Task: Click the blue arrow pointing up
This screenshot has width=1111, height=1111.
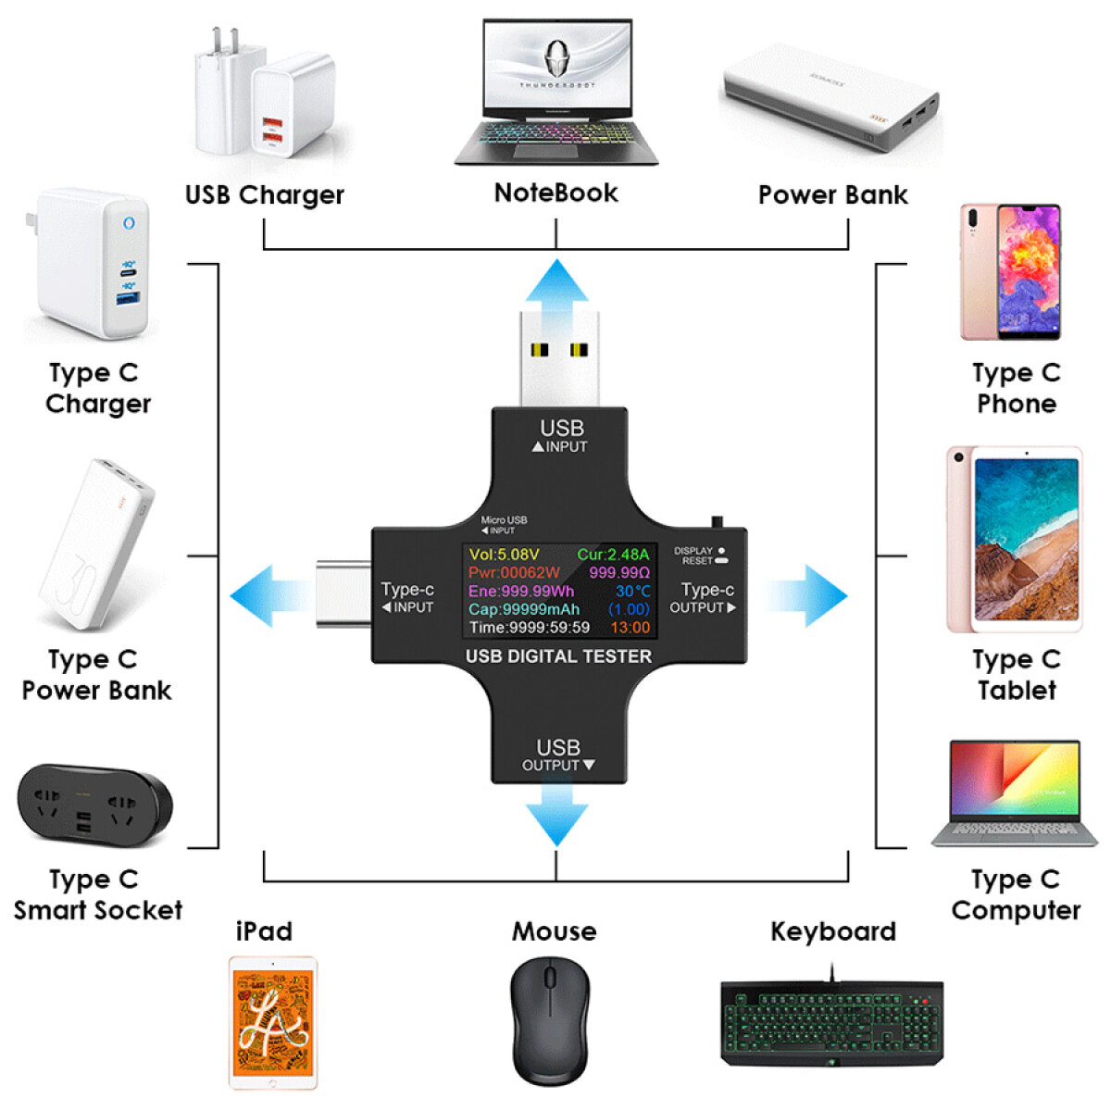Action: point(556,282)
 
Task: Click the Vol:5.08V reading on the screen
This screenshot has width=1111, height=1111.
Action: point(504,555)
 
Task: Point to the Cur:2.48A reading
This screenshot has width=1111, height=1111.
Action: point(613,555)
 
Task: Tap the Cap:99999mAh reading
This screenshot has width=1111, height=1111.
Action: point(524,609)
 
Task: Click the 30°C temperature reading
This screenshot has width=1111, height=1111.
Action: point(633,591)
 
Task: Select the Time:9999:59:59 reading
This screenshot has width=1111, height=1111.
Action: point(529,628)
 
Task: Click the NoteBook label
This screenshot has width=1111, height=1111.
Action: point(555,193)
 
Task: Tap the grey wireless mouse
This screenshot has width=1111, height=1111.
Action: point(550,1020)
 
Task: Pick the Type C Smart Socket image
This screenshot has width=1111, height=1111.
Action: point(94,805)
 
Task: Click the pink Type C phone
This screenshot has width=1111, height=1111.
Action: point(1010,272)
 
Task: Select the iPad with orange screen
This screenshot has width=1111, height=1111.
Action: point(273,1022)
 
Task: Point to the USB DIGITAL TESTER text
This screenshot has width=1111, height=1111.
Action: point(558,656)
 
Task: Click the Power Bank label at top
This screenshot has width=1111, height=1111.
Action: point(832,194)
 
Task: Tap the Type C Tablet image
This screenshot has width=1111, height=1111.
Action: point(1014,539)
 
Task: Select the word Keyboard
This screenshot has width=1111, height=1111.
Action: point(833,931)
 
